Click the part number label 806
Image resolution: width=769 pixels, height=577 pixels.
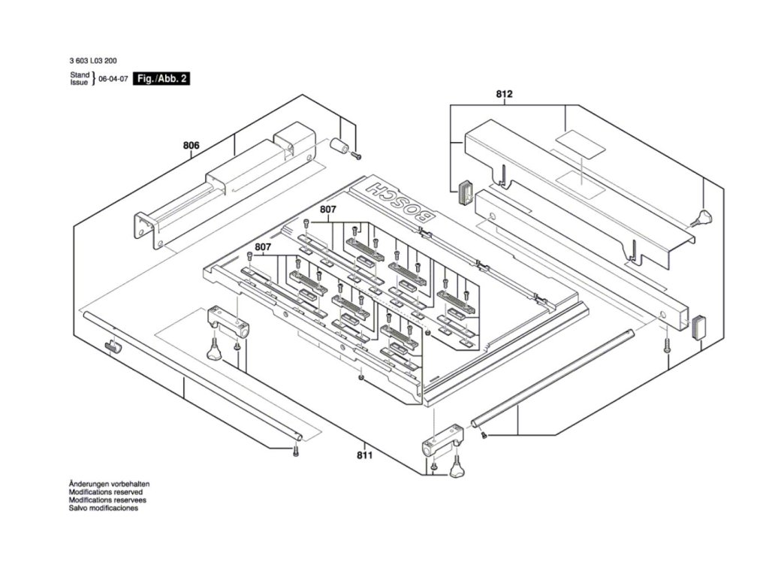pyautogui.click(x=191, y=145)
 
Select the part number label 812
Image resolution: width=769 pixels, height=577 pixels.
pyautogui.click(x=504, y=94)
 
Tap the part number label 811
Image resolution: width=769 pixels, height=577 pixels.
pyautogui.click(x=363, y=455)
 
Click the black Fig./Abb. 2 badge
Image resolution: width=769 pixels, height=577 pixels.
pyautogui.click(x=161, y=78)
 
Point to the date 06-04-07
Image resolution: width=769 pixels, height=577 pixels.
pyautogui.click(x=113, y=79)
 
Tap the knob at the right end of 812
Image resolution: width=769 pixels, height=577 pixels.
pyautogui.click(x=704, y=218)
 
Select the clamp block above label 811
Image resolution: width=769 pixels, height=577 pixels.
pyautogui.click(x=436, y=448)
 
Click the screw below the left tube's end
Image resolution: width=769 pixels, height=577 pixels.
pyautogui.click(x=296, y=450)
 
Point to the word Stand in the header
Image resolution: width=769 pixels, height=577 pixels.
pyautogui.click(x=80, y=75)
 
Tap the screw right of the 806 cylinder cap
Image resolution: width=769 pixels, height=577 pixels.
pyautogui.click(x=357, y=156)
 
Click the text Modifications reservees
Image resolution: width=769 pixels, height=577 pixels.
pyautogui.click(x=107, y=500)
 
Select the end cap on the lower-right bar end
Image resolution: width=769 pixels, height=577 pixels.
pyautogui.click(x=699, y=325)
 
